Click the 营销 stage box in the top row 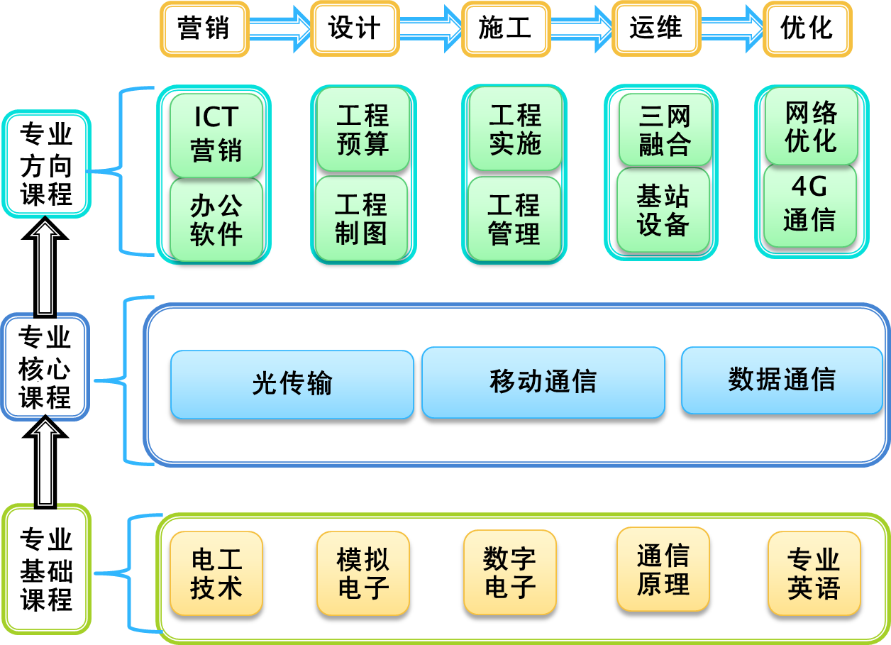(x=204, y=29)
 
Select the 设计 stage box (x=355, y=29)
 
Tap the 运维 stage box (x=656, y=29)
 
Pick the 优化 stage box (x=807, y=29)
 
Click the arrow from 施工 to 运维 (x=580, y=29)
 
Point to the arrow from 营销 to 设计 (x=280, y=29)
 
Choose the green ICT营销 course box (x=216, y=135)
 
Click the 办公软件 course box (x=216, y=220)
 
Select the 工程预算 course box (x=363, y=130)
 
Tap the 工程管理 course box (x=514, y=219)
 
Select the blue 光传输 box (x=292, y=384)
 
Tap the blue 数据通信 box (x=782, y=380)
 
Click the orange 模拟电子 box (x=363, y=573)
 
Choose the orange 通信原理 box (x=663, y=569)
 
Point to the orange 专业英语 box (x=814, y=573)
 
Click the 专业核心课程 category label (x=45, y=368)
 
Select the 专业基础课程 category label (x=46, y=569)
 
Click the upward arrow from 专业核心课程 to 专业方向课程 (x=46, y=268)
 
